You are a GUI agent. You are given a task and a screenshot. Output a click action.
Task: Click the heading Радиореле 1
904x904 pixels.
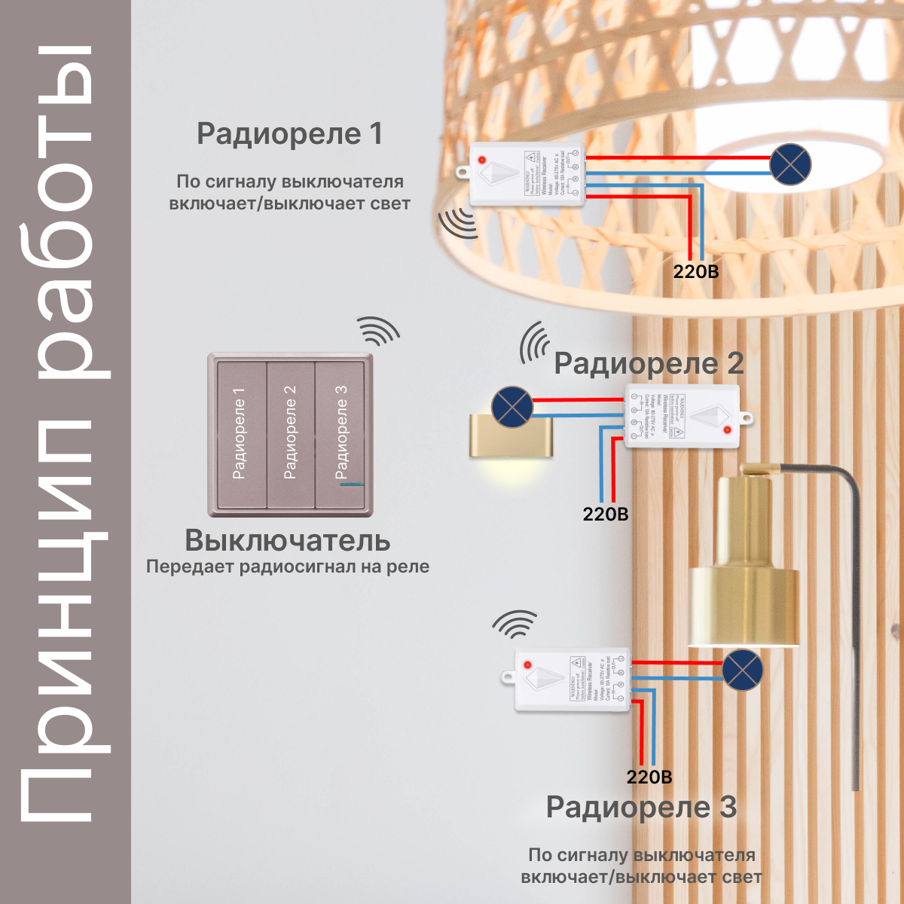tap(290, 134)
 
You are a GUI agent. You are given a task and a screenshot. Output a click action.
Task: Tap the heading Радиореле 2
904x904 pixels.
tap(649, 363)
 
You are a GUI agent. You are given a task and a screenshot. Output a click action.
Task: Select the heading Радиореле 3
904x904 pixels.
tap(641, 807)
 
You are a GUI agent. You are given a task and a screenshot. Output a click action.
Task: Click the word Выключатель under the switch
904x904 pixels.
tap(288, 540)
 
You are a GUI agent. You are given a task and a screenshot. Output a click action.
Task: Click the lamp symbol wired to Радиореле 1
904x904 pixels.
tap(789, 164)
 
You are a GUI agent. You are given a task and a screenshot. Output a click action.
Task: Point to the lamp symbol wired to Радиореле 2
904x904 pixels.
tap(512, 407)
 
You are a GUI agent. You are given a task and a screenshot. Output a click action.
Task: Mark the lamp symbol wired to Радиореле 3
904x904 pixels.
tap(742, 670)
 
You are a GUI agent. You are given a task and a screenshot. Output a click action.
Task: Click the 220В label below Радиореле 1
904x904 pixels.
tap(696, 271)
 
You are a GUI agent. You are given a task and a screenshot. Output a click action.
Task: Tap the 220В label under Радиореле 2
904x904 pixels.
tap(605, 515)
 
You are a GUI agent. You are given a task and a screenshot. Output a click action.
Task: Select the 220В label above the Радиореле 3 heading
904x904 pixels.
tap(649, 777)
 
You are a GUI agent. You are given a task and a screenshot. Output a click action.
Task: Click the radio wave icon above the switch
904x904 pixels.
tap(378, 331)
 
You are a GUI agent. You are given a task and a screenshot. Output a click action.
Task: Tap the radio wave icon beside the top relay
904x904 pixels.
tap(457, 223)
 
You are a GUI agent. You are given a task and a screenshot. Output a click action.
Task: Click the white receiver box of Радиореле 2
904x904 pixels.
tap(682, 416)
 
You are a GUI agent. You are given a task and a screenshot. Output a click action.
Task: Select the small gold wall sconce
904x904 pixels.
tap(511, 437)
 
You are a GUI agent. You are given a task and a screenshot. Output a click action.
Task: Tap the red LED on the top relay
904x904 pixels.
tap(481, 160)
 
